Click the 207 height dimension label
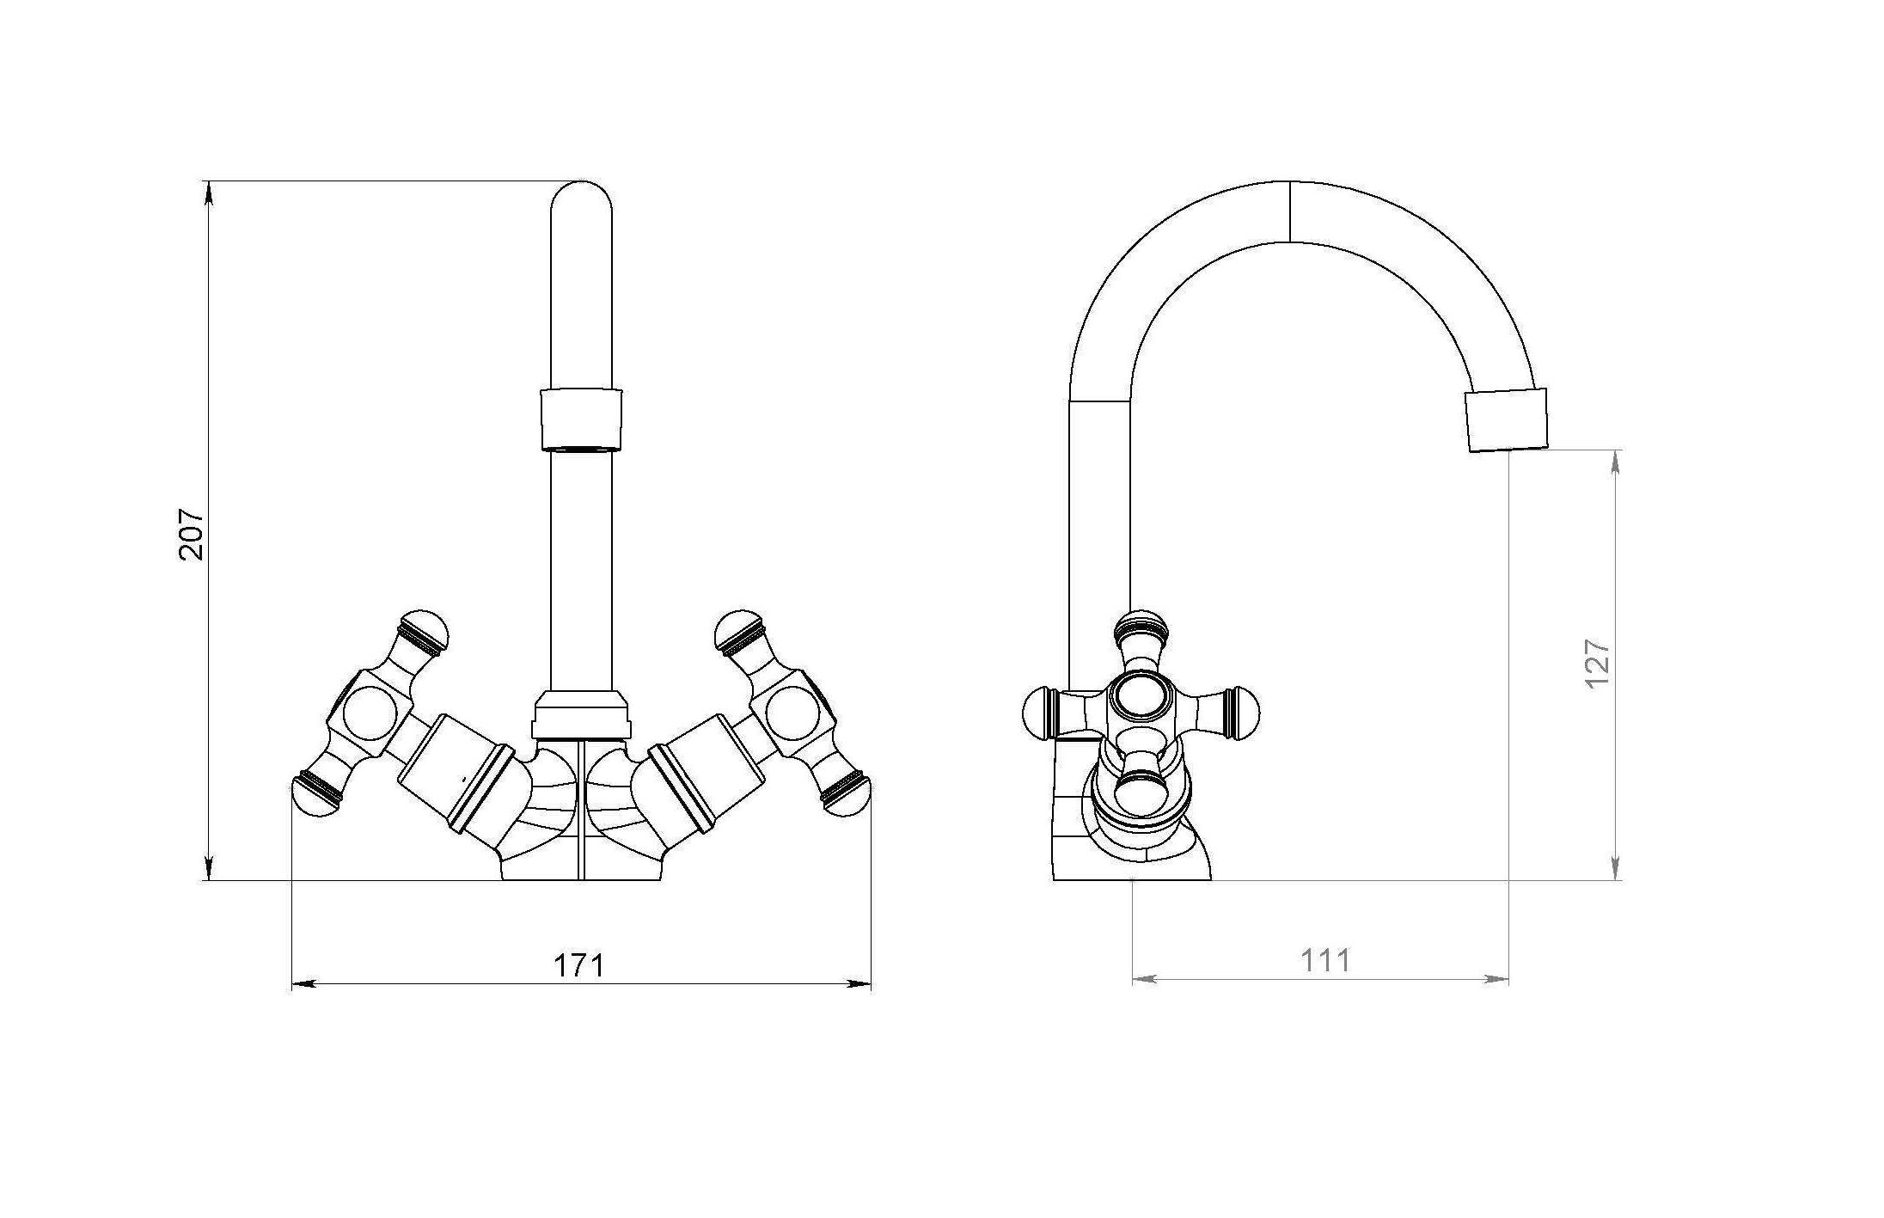tap(191, 535)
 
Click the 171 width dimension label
tap(578, 965)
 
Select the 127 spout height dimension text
tap(1597, 663)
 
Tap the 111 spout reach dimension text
tap(1325, 960)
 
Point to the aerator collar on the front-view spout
tap(581, 420)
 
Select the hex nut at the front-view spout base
tap(581, 714)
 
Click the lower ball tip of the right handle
tap(847, 794)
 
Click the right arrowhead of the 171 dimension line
tap(859, 983)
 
